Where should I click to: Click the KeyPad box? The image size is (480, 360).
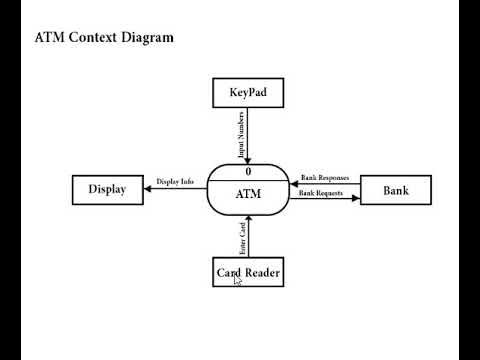coord(247,94)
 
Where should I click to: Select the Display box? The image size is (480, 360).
coord(107,189)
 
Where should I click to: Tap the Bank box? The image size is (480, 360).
coord(395,189)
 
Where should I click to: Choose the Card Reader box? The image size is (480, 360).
coord(248,271)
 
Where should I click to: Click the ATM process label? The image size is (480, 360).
coord(247,194)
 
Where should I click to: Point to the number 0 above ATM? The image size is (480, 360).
coord(247,172)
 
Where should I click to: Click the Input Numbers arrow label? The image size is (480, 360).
coord(240,135)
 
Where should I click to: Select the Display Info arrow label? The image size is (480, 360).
coord(174,181)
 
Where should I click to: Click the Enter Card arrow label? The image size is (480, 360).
coord(241,240)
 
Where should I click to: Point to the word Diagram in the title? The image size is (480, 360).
coord(149,38)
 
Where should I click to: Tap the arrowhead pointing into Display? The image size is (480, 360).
coord(147,188)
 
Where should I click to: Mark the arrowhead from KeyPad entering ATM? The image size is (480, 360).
coord(247,160)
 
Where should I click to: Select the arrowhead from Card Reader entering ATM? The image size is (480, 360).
coord(247,220)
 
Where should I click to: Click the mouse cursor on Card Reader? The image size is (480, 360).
coord(237,281)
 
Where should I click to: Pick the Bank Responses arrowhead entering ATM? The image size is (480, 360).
coord(292,183)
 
